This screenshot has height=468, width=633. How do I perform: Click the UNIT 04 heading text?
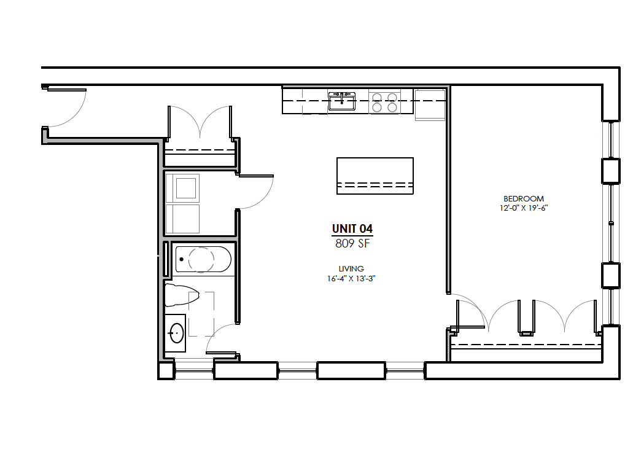pyautogui.click(x=352, y=229)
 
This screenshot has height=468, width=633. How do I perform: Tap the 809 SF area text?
pyautogui.click(x=352, y=243)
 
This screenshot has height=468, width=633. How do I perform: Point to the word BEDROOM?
pyautogui.click(x=524, y=198)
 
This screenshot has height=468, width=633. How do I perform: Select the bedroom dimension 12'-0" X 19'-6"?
pyautogui.click(x=524, y=208)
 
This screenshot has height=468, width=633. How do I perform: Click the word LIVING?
pyautogui.click(x=351, y=268)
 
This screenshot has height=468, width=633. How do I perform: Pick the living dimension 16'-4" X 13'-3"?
pyautogui.click(x=351, y=278)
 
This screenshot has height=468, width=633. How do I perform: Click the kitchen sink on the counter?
pyautogui.click(x=342, y=101)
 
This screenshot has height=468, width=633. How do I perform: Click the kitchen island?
pyautogui.click(x=375, y=176)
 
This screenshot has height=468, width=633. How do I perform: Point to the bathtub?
pyautogui.click(x=203, y=259)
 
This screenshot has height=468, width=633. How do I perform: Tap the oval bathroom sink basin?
pyautogui.click(x=177, y=333)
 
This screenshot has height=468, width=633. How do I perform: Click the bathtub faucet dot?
pyautogui.click(x=181, y=259)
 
